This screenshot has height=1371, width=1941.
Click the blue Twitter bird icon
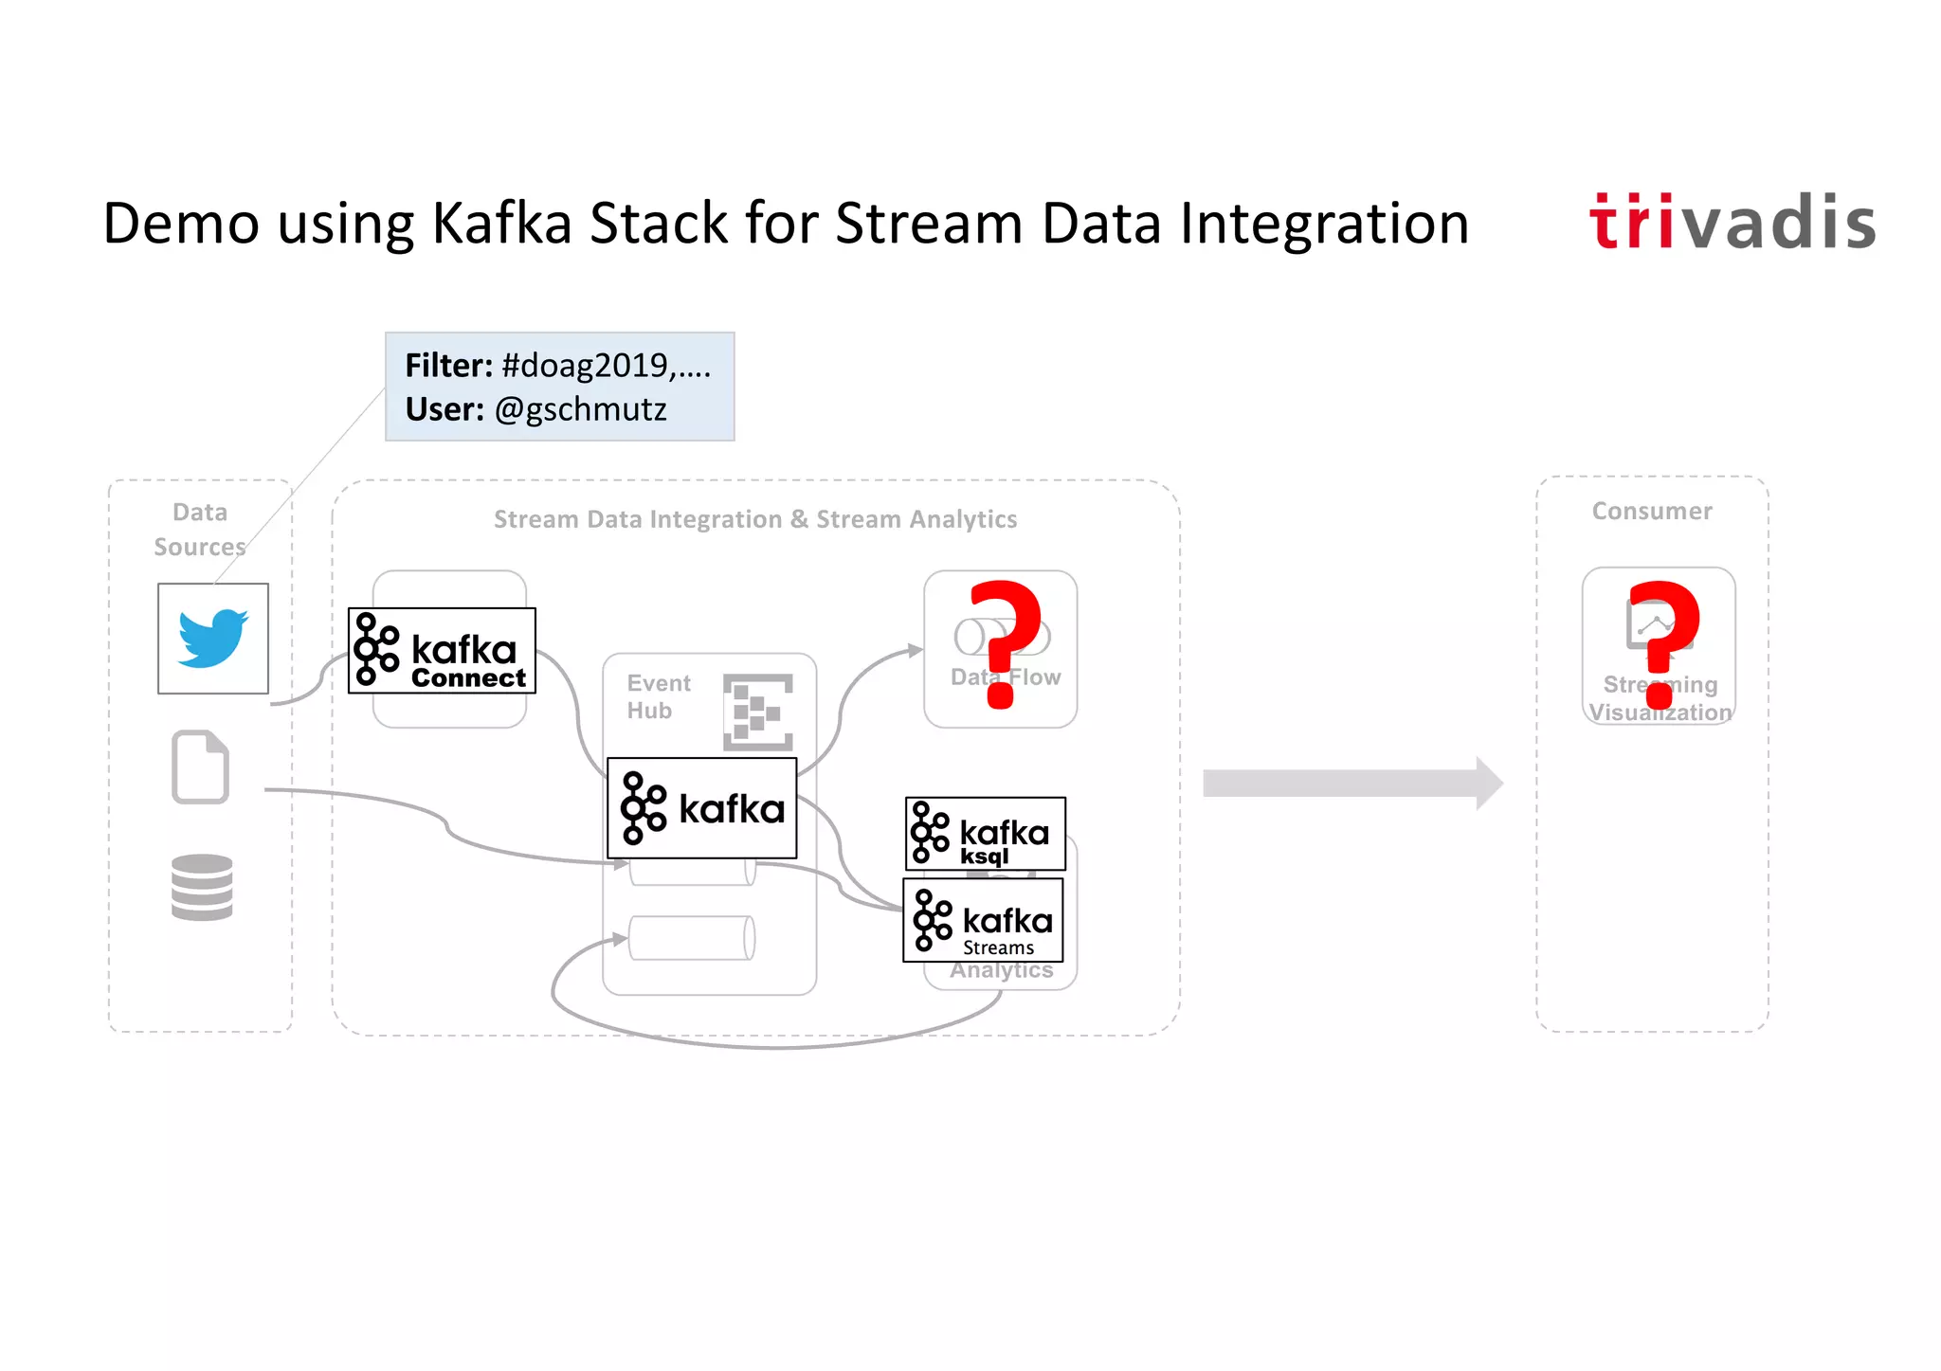[213, 639]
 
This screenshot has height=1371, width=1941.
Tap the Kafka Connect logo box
[442, 651]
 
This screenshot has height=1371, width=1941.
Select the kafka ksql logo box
[985, 834]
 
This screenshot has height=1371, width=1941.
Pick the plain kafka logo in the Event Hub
[702, 808]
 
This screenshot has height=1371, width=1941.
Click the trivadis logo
[1732, 224]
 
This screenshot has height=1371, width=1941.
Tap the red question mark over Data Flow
[1005, 641]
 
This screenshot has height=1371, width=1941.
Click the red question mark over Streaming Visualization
[1663, 641]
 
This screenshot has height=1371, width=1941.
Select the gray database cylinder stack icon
[202, 887]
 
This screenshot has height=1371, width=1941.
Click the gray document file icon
[200, 767]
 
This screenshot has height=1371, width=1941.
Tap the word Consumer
[1652, 512]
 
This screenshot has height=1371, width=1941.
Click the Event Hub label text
[659, 696]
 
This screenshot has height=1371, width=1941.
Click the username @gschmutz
[580, 409]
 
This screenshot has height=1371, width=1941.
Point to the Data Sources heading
[200, 530]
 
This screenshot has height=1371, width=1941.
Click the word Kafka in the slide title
[501, 224]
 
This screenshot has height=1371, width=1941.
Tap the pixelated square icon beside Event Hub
[757, 712]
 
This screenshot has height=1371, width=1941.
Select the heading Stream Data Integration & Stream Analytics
[754, 519]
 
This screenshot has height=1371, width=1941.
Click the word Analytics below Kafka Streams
[1002, 971]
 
